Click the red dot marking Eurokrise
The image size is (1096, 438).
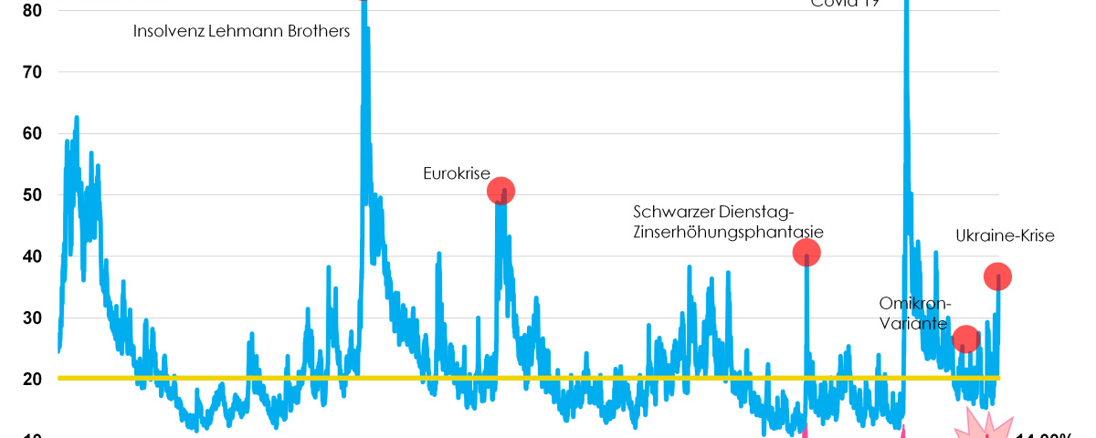click(501, 191)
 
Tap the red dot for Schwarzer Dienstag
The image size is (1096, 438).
click(806, 252)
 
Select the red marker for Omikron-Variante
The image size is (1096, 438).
click(965, 339)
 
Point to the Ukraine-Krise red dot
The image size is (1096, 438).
click(997, 276)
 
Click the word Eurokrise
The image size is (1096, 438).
click(457, 173)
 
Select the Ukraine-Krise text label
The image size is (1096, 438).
click(1005, 235)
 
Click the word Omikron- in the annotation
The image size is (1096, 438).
click(915, 303)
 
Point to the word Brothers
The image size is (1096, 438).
click(316, 31)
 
